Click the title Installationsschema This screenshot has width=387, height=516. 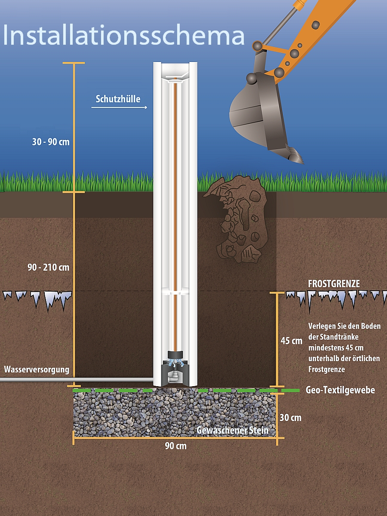click(x=124, y=35)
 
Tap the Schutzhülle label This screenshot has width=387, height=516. click(x=118, y=99)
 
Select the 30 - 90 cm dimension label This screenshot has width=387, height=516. click(x=51, y=141)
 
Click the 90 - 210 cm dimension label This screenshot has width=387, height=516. click(x=48, y=267)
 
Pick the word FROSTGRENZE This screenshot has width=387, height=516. click(x=334, y=284)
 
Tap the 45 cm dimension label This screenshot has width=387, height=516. click(x=291, y=341)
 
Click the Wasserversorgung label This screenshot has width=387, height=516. click(x=37, y=369)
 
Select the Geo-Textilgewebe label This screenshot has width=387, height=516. click(x=340, y=390)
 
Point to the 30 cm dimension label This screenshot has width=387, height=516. click(x=291, y=418)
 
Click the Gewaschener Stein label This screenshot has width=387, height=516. click(x=232, y=430)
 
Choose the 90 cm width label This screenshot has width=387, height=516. click(x=175, y=446)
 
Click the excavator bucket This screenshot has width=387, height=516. click(x=258, y=112)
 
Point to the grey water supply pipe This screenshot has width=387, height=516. click(x=77, y=380)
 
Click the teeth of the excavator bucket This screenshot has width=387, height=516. click(x=295, y=155)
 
